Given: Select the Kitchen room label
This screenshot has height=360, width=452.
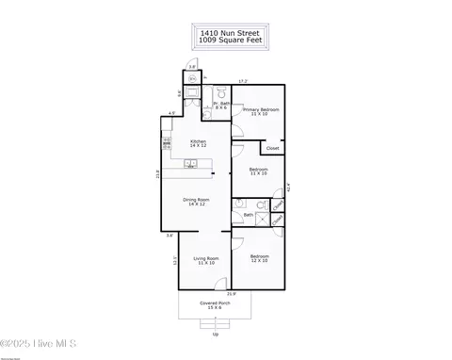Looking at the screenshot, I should coord(199,143).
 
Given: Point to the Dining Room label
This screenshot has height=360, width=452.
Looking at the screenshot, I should coord(196,202).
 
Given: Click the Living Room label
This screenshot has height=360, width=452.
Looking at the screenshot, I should coord(206,260).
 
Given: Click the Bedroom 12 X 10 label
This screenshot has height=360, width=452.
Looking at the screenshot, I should coord(260,258).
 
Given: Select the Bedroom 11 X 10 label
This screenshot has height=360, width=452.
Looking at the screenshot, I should coord(259,172).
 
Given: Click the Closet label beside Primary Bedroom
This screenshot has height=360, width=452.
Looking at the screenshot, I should coord(272,148).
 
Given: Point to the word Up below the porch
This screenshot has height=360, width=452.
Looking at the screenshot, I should coord(215,334).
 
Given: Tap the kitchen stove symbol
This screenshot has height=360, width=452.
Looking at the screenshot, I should coord(167,144).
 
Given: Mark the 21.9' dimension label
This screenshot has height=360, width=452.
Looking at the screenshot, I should coord(233,294).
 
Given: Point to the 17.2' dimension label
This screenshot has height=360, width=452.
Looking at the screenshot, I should coord(243,81).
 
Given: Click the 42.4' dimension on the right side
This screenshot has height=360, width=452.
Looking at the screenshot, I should coord(288,186).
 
